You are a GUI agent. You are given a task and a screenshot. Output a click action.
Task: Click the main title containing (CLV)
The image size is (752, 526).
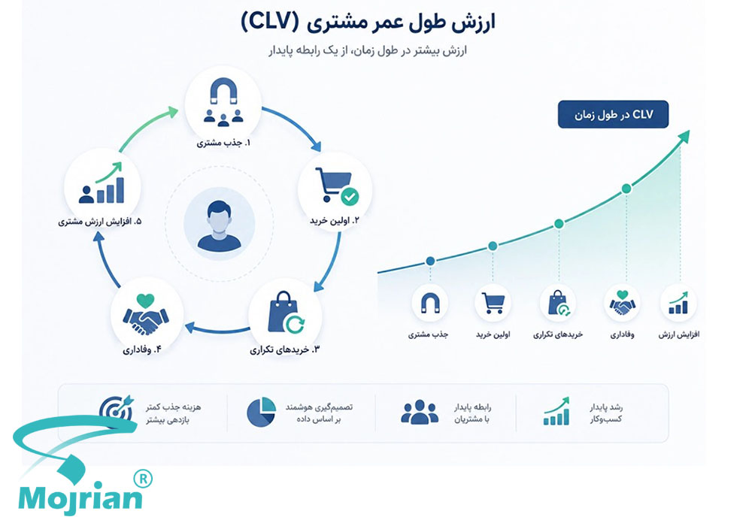click(368, 23)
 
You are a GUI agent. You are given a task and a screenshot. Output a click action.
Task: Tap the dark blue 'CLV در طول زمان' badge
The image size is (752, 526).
click(613, 114)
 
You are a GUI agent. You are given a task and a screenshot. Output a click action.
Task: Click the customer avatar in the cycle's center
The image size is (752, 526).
click(219, 226)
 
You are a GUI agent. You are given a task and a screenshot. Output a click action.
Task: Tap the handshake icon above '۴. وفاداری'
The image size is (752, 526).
click(146, 314)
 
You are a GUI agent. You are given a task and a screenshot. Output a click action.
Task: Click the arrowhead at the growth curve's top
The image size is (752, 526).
click(684, 136)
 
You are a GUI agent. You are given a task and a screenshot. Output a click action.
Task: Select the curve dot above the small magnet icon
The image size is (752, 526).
click(430, 261)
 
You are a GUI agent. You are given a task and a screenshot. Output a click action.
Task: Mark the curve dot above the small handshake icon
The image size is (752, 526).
click(626, 189)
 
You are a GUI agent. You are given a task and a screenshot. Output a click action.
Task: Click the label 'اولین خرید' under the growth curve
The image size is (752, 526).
click(493, 334)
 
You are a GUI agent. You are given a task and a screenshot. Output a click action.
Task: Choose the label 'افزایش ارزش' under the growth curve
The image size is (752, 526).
click(678, 334)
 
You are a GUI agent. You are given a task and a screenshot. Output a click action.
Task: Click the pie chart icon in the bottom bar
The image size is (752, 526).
click(262, 412)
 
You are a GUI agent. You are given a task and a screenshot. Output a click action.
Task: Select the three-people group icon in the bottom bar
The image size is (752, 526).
click(420, 412)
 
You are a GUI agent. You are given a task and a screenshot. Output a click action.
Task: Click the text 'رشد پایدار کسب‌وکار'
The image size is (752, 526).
click(606, 413)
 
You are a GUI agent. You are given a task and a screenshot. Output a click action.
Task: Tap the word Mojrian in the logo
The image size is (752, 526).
click(80, 498)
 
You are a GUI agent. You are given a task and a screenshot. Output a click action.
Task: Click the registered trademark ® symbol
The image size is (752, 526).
click(142, 479)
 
